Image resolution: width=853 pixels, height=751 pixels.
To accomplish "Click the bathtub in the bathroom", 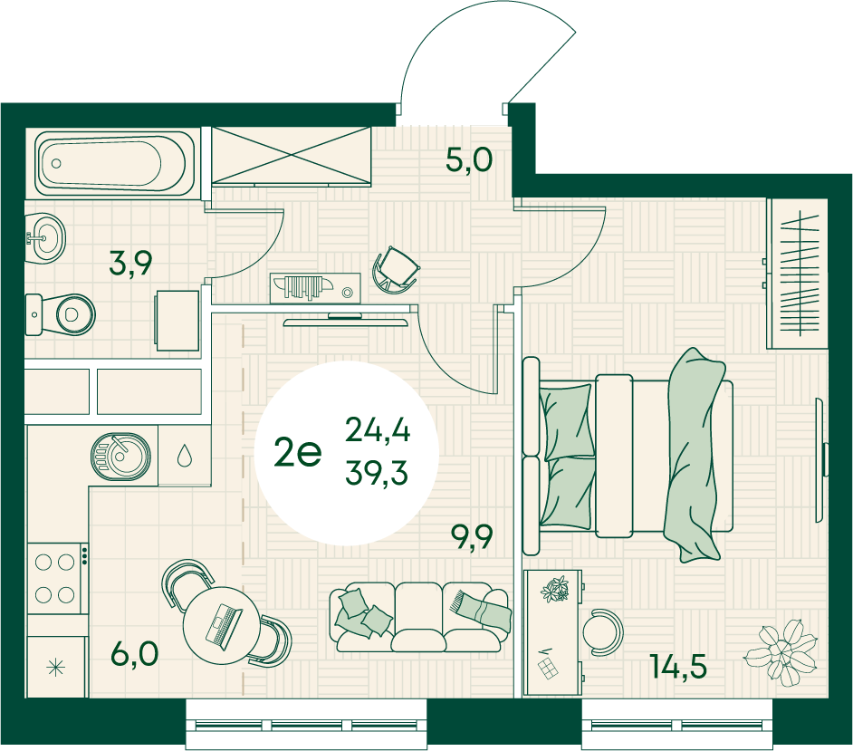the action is (x=114, y=163).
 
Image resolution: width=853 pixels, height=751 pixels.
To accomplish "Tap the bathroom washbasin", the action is (x=45, y=238).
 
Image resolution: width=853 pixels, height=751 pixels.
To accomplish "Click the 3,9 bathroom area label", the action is (x=130, y=264).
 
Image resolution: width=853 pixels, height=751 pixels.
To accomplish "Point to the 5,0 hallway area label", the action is (x=469, y=160).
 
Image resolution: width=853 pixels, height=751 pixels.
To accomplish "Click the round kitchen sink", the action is (x=120, y=456).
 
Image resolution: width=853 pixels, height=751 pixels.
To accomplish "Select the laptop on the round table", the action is (x=224, y=626).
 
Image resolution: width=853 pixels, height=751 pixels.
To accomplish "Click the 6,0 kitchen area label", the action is (x=134, y=653).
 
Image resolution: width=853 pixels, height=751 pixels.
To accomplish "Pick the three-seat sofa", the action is (x=419, y=617).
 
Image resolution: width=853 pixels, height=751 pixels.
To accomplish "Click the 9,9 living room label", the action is (x=472, y=537).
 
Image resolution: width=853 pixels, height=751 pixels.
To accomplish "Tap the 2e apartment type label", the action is (x=298, y=452).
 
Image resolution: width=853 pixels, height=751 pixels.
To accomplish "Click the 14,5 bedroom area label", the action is (x=679, y=666).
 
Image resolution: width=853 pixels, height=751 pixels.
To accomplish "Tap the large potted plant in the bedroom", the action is (x=781, y=652).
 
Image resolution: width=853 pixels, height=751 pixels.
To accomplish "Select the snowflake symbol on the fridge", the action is (x=56, y=667).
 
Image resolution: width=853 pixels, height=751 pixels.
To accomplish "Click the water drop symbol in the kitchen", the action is (x=185, y=456).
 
